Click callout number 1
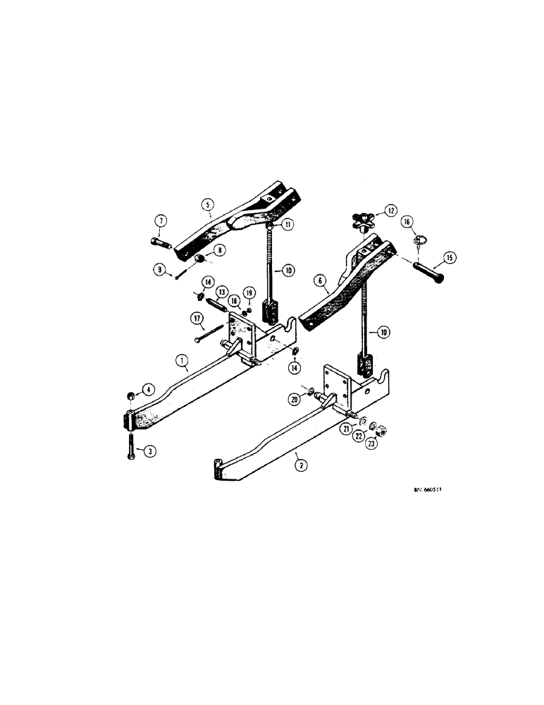click(x=182, y=362)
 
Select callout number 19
click(x=248, y=292)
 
